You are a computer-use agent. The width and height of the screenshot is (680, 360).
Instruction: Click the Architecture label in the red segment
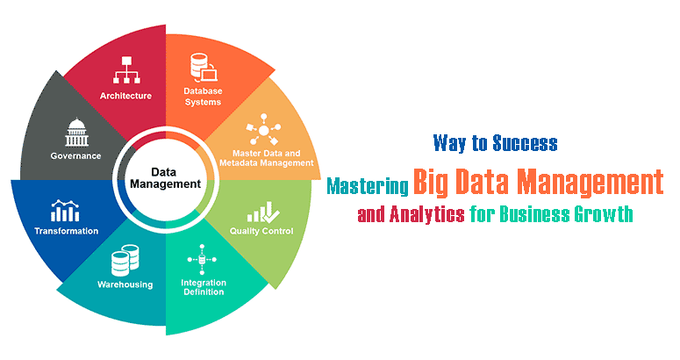click(125, 96)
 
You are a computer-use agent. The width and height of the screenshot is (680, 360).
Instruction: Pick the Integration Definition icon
click(204, 259)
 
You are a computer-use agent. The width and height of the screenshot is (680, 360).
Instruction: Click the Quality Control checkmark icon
click(261, 211)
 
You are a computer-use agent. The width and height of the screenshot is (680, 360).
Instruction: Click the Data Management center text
click(164, 178)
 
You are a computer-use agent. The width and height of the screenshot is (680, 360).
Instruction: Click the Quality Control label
click(261, 232)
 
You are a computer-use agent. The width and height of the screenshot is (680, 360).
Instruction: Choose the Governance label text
click(75, 156)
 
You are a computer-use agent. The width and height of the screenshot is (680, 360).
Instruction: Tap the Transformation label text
click(66, 231)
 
